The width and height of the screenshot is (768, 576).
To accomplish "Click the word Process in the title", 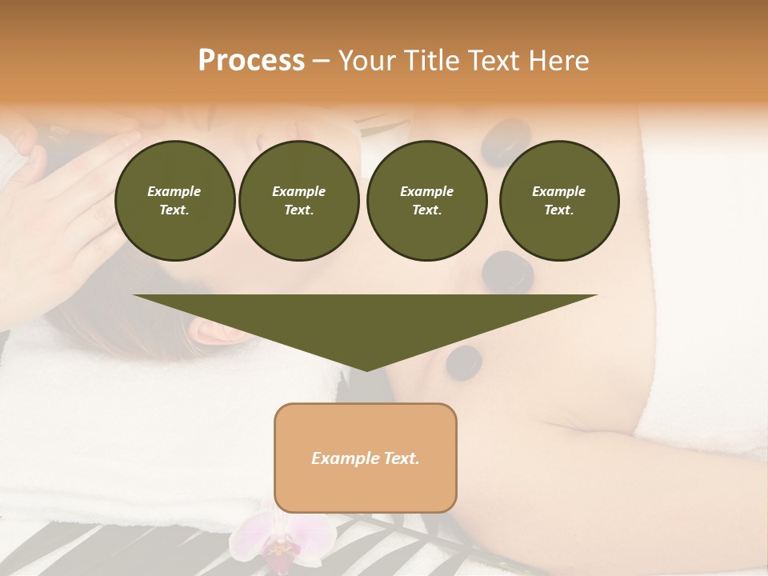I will point(251,61).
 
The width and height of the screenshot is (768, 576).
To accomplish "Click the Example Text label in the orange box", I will point(366,458).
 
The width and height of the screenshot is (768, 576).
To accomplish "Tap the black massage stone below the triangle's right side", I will point(464,362).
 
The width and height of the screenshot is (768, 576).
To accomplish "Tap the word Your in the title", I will point(366,61).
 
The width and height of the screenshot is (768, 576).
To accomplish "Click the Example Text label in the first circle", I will point(174,201).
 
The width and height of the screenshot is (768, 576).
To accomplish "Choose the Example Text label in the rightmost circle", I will point(558,201).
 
